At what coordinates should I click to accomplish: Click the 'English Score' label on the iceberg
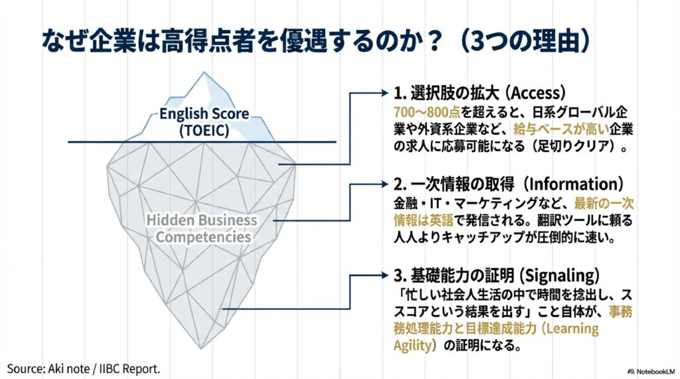204,114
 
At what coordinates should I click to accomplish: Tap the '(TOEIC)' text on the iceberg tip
205,131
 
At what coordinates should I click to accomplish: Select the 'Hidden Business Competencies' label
202,228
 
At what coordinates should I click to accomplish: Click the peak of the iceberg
203,72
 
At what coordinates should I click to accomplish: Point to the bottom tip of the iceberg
201,347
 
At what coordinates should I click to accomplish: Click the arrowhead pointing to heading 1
384,92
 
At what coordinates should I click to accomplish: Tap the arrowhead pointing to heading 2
384,184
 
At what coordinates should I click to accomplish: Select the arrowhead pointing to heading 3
384,275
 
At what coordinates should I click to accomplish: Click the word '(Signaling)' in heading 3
559,275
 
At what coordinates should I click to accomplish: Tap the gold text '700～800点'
427,112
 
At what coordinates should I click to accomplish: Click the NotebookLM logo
651,372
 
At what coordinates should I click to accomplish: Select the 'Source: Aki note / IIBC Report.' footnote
84,369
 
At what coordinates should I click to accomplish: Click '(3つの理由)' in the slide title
526,40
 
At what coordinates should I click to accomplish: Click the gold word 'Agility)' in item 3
415,346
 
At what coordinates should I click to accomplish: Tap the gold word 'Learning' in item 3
572,329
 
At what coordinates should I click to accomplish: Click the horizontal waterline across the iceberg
202,142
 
